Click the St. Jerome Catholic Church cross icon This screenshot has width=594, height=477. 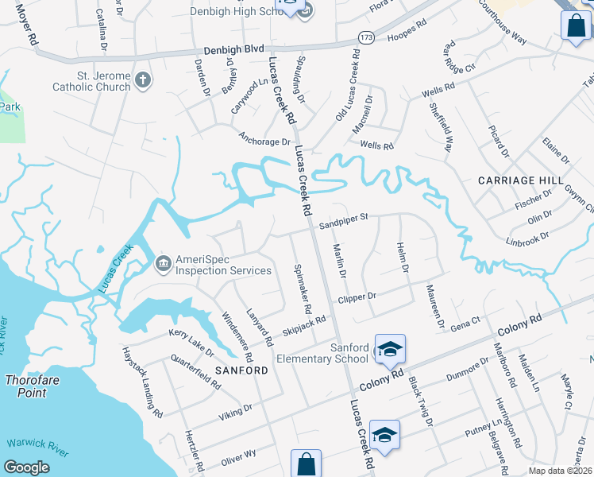click(143, 79)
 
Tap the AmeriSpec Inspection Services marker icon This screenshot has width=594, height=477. click(164, 262)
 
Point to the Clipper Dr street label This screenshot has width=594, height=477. click(356, 298)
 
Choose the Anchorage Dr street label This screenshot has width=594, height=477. click(265, 141)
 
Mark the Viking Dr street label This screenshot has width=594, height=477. click(237, 410)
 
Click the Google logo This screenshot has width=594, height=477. click(26, 467)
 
